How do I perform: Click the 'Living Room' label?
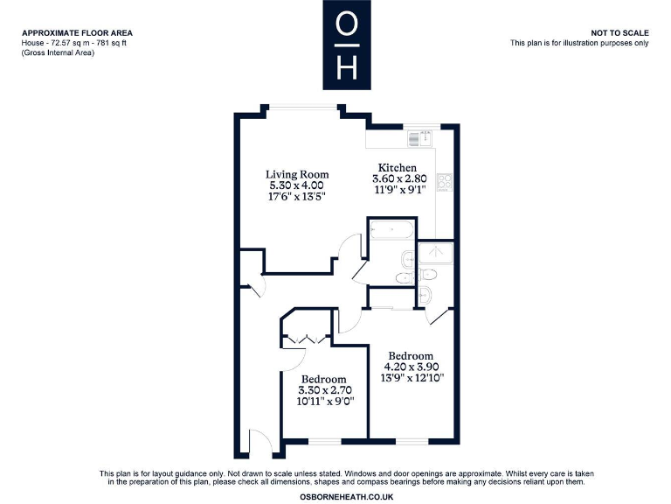click(297, 174)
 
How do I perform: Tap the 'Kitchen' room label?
click(397, 167)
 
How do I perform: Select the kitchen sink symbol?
click(419, 138)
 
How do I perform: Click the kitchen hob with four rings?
click(444, 183)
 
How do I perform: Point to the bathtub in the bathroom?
click(391, 231)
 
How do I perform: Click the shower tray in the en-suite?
click(435, 253)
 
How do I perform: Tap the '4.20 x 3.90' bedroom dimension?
click(411, 367)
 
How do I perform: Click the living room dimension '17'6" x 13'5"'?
click(297, 197)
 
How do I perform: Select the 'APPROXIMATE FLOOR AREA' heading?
click(77, 32)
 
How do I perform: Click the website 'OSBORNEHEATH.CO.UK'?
click(347, 496)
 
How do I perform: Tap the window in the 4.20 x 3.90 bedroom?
click(412, 437)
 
